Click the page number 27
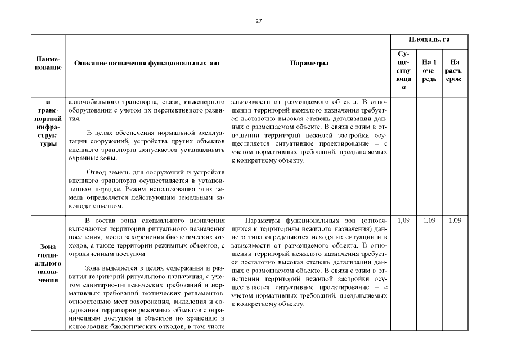coord(258,21)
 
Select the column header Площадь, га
coord(429,40)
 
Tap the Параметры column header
coord(309,64)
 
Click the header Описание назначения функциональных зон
coord(147,64)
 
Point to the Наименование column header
coord(48,63)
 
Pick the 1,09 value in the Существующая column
coord(403,220)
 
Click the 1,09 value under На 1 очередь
coord(429,220)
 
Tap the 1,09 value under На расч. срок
coord(454,220)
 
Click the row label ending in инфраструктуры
coord(48,123)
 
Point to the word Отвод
coord(97,172)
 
